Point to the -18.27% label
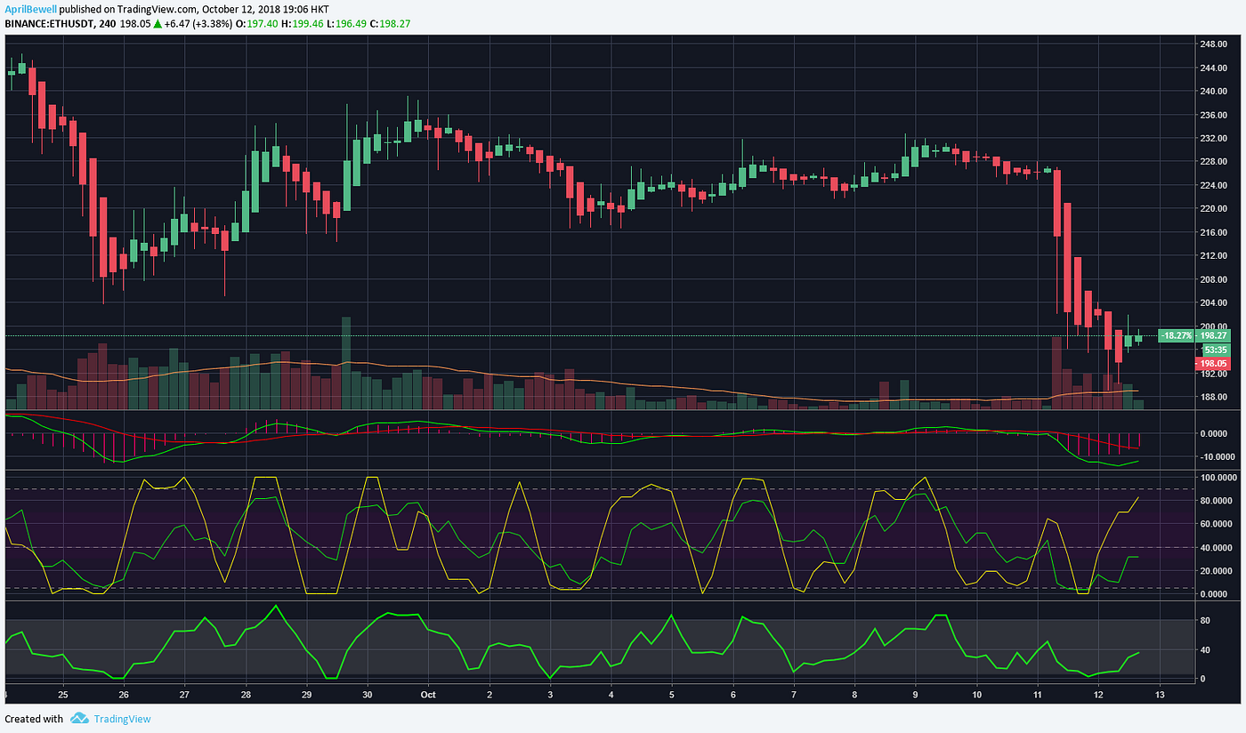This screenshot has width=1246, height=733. coord(1175,335)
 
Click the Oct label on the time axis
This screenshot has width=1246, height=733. coord(428,694)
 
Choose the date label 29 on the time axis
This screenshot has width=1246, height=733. coord(306,694)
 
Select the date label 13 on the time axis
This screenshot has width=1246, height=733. coord(1159,694)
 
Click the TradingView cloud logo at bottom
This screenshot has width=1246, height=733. coord(79,719)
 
